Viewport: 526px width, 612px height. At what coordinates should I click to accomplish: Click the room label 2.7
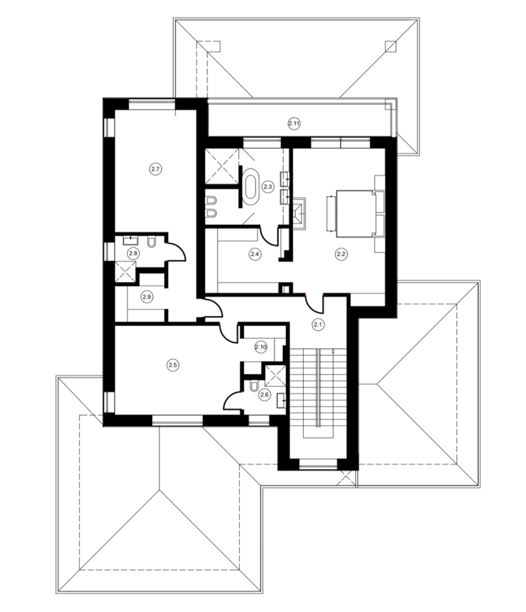point(155,169)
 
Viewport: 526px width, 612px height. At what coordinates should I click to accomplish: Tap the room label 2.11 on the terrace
point(294,124)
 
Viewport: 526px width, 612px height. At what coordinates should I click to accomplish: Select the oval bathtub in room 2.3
point(250,186)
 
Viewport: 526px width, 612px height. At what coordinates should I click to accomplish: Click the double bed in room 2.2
point(355,213)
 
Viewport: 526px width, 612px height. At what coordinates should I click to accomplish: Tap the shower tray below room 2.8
point(125,271)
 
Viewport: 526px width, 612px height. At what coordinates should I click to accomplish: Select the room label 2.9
point(146,297)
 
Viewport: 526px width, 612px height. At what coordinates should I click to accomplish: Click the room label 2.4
point(255,254)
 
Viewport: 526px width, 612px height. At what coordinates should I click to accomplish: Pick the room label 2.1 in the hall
point(318,324)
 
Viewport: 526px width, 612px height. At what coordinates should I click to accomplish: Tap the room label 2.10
point(261,347)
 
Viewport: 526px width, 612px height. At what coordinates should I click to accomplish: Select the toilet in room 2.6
point(253,386)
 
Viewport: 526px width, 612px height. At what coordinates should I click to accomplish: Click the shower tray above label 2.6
point(275,375)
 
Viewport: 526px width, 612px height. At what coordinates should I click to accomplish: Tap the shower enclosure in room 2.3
point(222,166)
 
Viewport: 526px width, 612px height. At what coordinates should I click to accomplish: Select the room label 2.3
point(267,187)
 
